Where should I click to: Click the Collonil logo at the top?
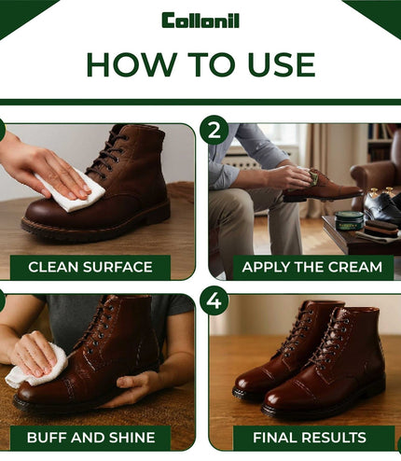coord(200,21)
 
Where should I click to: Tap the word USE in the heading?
coord(282,64)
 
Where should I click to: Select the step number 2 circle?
coord(214,130)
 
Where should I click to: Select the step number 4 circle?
coord(214,300)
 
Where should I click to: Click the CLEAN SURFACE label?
coord(90,267)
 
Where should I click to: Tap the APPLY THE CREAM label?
coord(312,267)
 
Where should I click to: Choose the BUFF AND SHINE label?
coord(90,438)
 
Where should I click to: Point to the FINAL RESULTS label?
coord(310,438)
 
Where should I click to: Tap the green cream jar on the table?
coord(349,220)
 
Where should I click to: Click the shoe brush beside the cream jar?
coord(381,229)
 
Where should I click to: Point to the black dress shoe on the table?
coord(381,204)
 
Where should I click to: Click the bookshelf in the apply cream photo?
coord(380,142)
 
